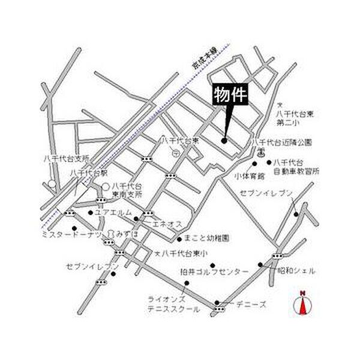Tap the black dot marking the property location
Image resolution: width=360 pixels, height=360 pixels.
point(224,141)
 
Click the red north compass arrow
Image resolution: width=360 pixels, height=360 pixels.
point(303,304)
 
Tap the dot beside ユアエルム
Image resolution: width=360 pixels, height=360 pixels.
point(90,212)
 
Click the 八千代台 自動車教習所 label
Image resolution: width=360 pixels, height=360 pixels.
point(296,167)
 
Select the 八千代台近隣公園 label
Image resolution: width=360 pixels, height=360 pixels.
point(282,143)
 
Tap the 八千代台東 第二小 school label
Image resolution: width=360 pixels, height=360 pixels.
point(291,117)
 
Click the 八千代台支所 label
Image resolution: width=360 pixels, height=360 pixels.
point(66,158)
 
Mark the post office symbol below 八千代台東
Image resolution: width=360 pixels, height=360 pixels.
point(175,153)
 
